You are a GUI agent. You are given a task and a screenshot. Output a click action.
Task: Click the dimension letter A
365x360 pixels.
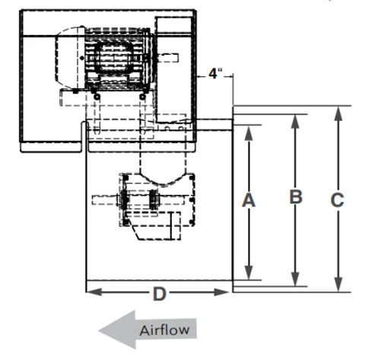[249, 200]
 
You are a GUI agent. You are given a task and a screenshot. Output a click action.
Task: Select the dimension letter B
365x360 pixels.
[296, 196]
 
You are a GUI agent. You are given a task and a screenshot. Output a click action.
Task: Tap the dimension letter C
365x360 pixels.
[338, 200]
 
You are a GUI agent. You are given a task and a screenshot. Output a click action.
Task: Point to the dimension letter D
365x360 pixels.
[160, 294]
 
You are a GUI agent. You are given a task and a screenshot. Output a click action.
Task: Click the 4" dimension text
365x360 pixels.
[215, 74]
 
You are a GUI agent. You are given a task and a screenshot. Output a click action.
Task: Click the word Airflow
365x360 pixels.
[164, 330]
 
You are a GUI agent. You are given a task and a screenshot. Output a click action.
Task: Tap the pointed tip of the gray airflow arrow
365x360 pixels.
[99, 330]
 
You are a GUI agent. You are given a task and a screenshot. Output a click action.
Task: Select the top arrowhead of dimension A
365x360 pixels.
[249, 132]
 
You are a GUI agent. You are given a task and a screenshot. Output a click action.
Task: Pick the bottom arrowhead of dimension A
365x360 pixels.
[249, 272]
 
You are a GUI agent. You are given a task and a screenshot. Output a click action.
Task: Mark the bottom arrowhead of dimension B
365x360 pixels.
[296, 279]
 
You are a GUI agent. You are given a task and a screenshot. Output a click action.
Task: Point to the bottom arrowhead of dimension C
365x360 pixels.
[338, 284]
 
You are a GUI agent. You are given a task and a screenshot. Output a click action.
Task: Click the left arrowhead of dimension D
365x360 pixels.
[94, 292]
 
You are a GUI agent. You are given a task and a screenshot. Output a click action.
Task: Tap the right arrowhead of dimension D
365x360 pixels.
[221, 292]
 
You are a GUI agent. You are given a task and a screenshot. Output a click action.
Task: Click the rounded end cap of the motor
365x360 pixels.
[68, 58]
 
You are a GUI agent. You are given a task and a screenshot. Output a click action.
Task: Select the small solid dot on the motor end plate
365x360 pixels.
[81, 58]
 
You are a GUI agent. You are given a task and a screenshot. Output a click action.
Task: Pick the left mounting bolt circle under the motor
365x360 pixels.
[97, 97]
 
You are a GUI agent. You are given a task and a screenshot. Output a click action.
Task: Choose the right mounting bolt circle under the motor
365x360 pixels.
[142, 97]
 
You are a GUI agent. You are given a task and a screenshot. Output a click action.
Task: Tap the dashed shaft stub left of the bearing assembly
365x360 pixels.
[105, 199]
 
